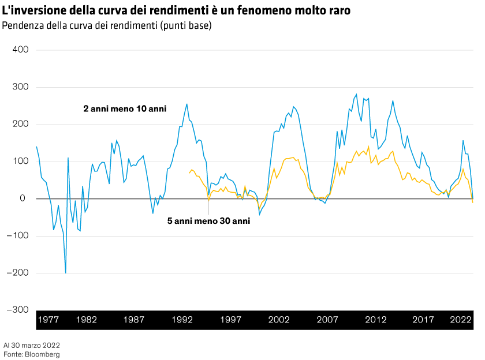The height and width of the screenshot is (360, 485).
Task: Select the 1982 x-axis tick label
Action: (86, 320)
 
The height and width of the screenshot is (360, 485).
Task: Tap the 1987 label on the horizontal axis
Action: (134, 320)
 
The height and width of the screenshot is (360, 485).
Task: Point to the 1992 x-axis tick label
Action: (182, 320)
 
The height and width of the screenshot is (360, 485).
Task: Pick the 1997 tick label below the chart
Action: (230, 320)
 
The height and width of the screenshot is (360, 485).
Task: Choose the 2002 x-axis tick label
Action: (279, 320)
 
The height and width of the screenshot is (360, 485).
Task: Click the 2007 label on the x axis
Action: (327, 320)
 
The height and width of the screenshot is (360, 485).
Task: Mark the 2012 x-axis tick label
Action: (376, 320)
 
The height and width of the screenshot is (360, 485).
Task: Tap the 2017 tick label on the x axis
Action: (424, 320)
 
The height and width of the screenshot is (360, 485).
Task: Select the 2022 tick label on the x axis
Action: (461, 320)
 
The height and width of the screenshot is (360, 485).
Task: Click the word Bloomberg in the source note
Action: (42, 353)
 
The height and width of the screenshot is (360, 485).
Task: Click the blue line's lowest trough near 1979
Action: (66, 272)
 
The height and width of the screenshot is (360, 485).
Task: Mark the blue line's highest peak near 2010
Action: (356, 94)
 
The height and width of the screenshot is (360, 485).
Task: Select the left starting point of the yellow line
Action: (189, 172)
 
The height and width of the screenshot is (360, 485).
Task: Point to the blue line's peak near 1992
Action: (186, 104)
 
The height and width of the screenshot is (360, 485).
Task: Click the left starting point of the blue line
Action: (36, 146)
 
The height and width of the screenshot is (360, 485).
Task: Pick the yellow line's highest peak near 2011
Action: (368, 146)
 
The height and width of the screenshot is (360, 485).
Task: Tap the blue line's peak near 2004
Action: (293, 106)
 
